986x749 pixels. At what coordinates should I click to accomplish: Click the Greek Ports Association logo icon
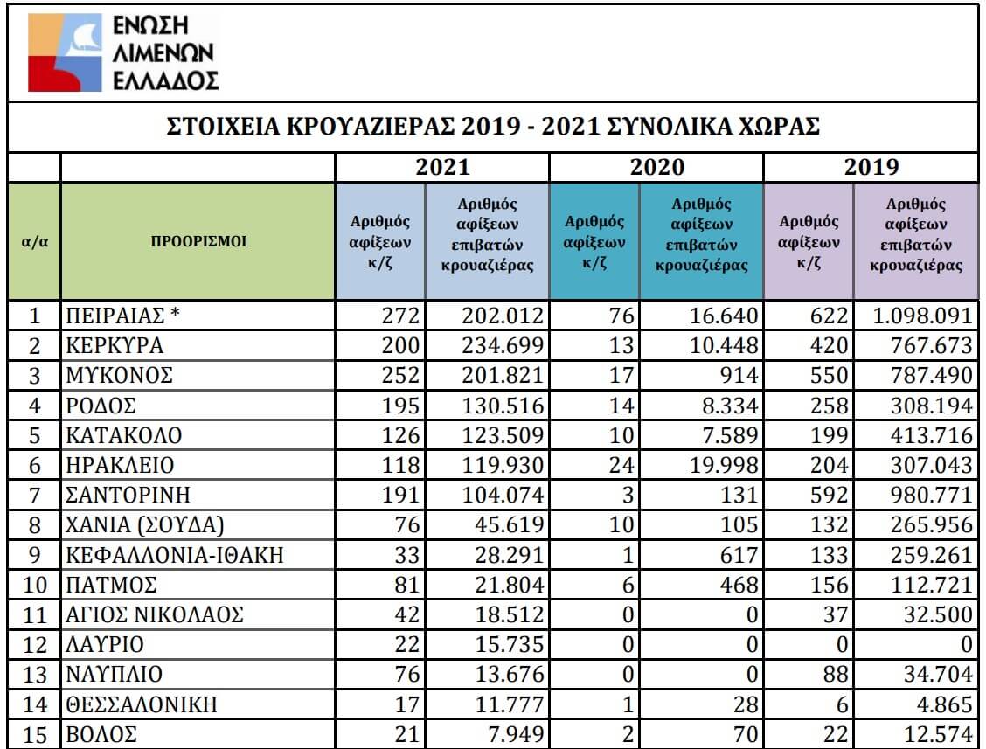66,53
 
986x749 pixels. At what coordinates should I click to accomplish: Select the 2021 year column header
441,167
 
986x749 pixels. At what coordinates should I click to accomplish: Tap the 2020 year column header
656,167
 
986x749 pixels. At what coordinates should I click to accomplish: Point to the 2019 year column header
871,167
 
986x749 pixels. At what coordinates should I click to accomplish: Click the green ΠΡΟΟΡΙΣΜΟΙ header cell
198,241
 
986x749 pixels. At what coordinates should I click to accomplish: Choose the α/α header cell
34,241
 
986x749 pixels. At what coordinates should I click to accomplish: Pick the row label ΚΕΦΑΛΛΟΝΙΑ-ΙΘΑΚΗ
175,554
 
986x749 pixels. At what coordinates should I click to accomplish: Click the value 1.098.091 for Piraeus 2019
922,316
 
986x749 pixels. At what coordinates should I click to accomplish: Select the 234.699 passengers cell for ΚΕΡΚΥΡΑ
503,346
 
